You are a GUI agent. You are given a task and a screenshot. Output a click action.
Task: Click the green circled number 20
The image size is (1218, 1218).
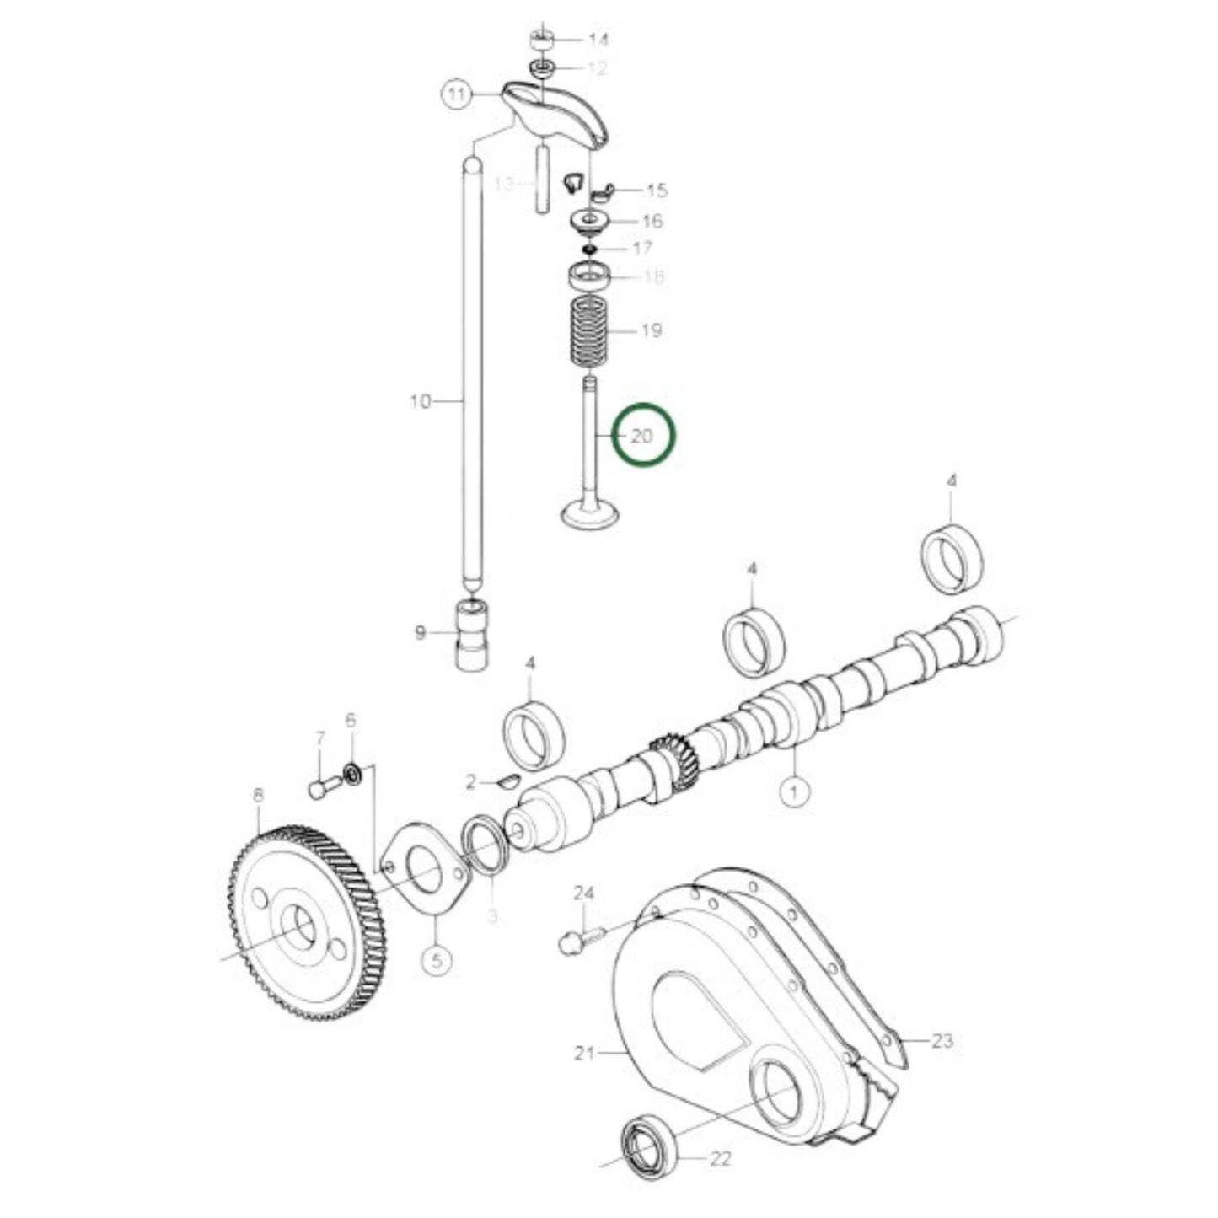tap(642, 436)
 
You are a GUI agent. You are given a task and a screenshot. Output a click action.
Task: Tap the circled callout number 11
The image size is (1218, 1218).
tap(456, 94)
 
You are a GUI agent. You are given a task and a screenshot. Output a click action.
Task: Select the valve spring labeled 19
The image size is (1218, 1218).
tap(588, 331)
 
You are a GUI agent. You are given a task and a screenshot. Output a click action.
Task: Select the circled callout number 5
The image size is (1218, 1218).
tap(437, 960)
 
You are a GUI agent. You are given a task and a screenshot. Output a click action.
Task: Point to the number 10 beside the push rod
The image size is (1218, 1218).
tap(420, 402)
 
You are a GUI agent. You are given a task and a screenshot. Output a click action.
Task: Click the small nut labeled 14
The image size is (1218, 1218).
tap(542, 40)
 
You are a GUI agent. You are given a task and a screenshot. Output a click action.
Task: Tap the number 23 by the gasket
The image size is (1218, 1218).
tap(942, 1041)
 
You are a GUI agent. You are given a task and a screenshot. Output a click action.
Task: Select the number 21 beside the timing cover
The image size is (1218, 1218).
tap(585, 1053)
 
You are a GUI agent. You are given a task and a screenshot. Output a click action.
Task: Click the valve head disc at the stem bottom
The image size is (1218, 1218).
tap(590, 514)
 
